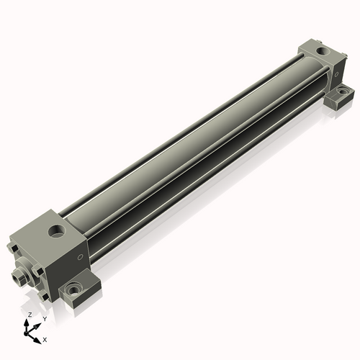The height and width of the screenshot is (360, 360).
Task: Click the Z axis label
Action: click(30, 315)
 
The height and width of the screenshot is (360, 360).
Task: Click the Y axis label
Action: click(45, 319)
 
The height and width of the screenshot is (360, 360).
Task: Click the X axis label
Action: click(45, 340)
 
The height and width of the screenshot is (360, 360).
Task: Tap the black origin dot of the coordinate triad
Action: click(26, 334)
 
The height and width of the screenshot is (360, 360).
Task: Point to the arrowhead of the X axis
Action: click(37, 341)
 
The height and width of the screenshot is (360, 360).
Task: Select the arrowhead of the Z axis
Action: click(26, 323)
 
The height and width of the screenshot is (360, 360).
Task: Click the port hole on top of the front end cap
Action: click(57, 231)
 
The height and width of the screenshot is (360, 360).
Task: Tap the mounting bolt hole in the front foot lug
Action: click(73, 290)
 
